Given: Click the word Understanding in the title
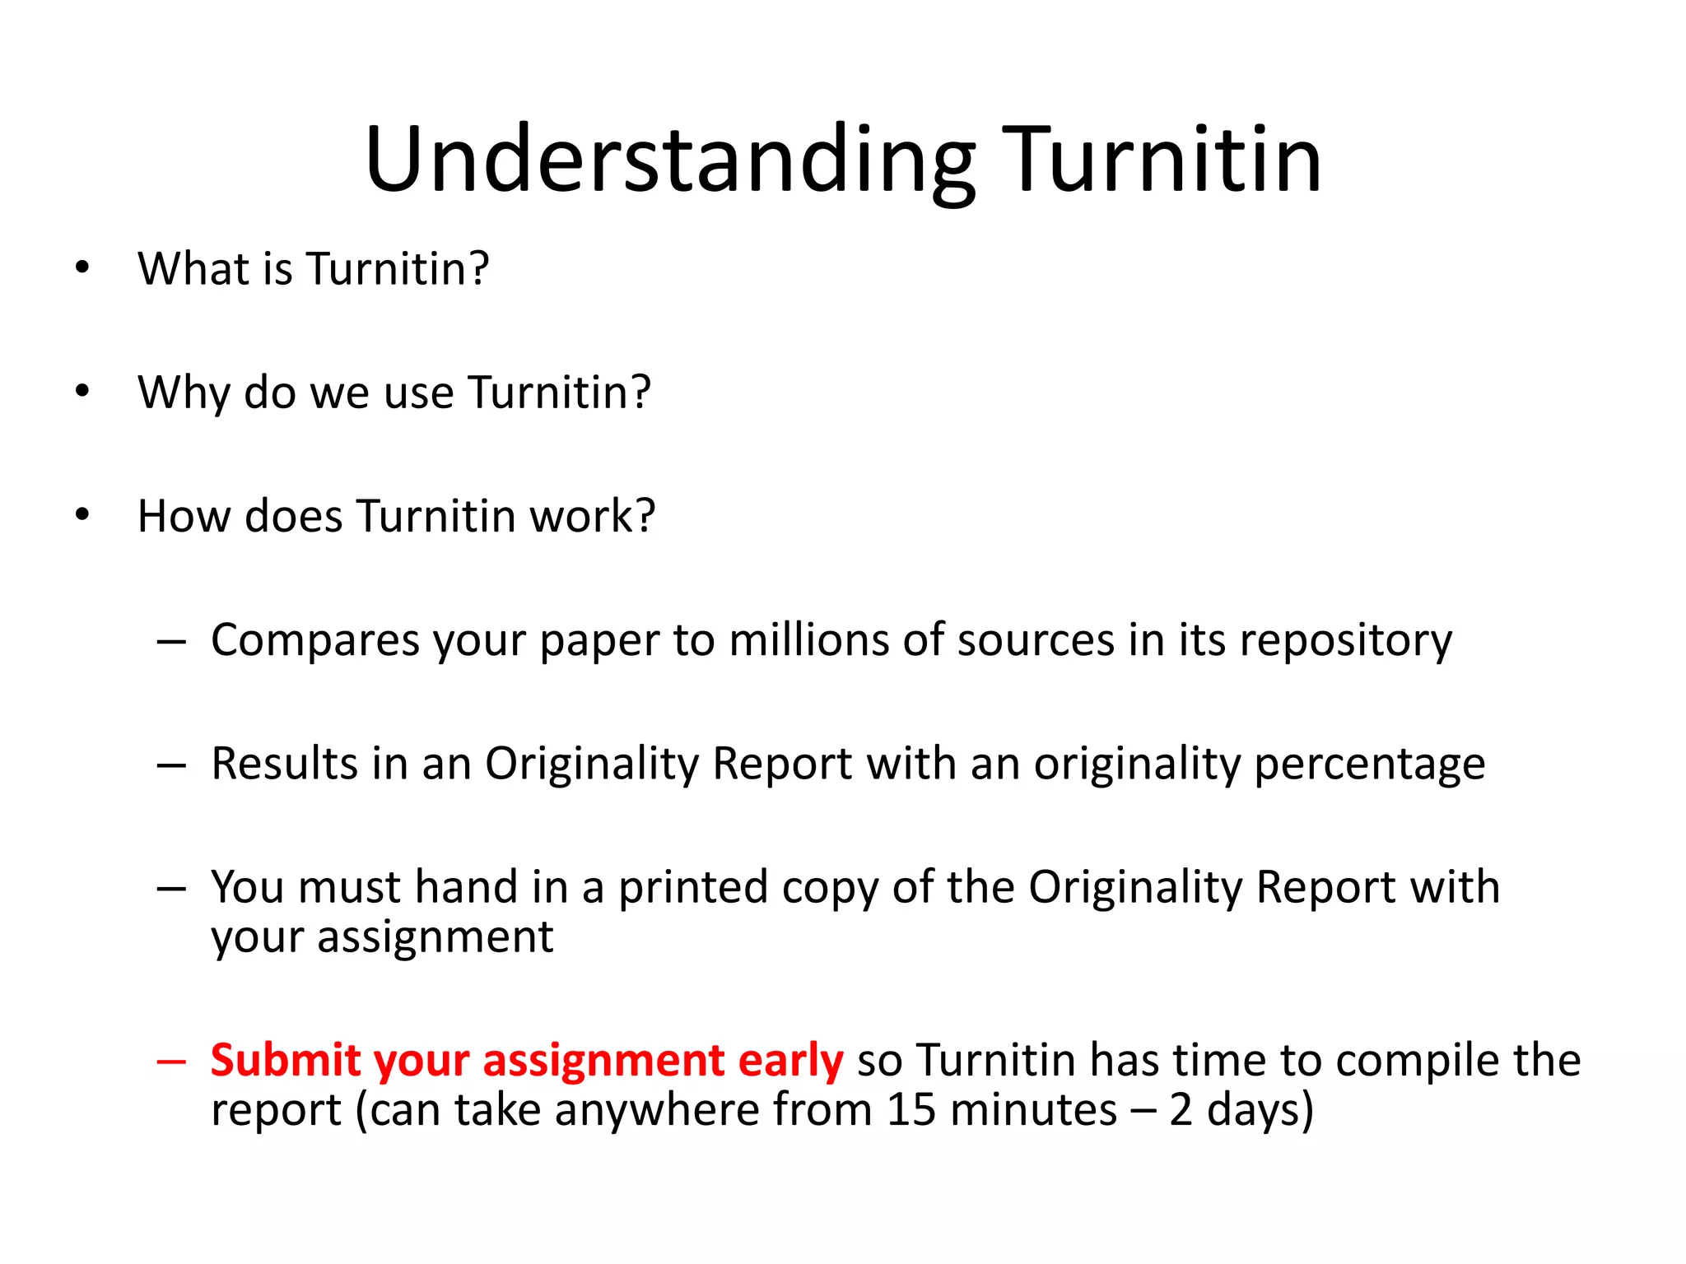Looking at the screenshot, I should pos(670,160).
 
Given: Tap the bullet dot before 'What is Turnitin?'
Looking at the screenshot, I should pos(82,267).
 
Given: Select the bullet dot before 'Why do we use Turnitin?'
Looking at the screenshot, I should pos(82,391).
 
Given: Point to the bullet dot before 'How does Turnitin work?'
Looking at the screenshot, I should pos(82,515).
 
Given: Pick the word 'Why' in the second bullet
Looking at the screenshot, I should pos(184,393).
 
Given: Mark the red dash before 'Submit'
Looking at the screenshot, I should pos(171,1062).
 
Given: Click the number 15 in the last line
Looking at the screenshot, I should pos(911,1110).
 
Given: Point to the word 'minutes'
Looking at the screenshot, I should pos(1033,1110).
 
